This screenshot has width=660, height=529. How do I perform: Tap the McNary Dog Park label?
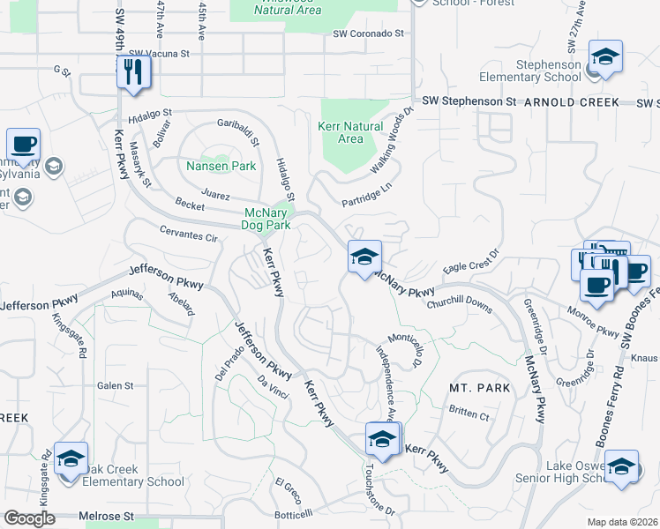click(266, 219)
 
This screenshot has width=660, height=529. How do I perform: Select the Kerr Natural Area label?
click(350, 132)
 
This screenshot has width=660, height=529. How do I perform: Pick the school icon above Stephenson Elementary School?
click(604, 58)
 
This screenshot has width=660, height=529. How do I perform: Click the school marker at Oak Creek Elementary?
click(71, 459)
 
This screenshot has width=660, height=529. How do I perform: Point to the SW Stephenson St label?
click(469, 102)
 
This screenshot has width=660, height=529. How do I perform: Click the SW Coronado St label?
click(368, 34)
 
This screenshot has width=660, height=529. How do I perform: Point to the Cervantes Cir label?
click(188, 236)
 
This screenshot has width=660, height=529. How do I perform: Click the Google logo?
click(29, 518)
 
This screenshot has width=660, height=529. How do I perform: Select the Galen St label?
click(115, 385)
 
